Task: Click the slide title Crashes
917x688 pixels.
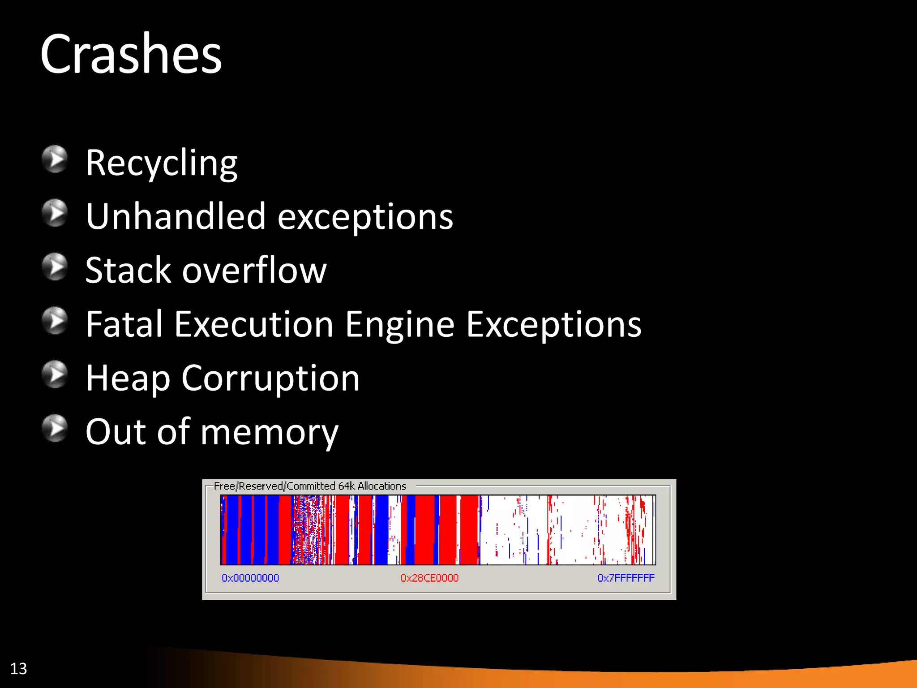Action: (x=131, y=55)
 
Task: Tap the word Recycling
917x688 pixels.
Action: (x=161, y=163)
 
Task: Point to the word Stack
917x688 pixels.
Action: (x=128, y=271)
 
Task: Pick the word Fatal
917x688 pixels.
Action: (x=124, y=324)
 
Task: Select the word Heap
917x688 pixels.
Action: (x=128, y=379)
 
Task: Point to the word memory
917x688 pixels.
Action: (x=270, y=433)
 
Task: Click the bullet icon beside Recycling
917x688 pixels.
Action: (x=55, y=159)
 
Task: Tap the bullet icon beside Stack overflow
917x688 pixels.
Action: (x=55, y=267)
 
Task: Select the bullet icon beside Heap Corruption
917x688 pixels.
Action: (x=55, y=374)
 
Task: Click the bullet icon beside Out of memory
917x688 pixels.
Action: (x=55, y=428)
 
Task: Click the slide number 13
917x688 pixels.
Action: (x=18, y=669)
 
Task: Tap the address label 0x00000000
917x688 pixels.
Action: (x=250, y=578)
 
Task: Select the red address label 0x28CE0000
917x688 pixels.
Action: (x=429, y=578)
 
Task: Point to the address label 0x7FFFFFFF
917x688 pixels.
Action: (x=626, y=578)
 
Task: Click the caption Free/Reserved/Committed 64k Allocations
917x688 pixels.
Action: (x=310, y=486)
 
